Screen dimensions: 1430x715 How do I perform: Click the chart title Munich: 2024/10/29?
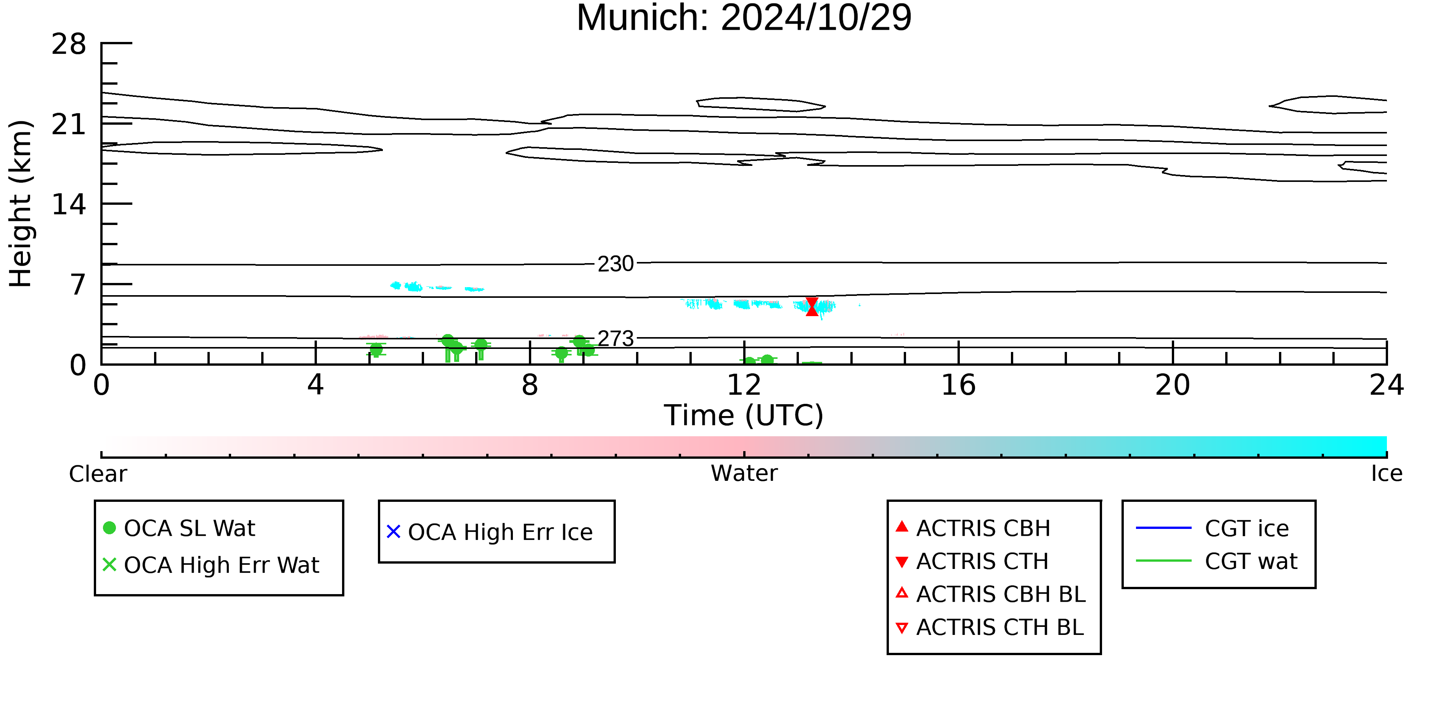point(744,18)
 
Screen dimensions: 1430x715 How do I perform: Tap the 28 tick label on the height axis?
point(69,44)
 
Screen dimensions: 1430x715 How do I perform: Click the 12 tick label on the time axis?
point(744,385)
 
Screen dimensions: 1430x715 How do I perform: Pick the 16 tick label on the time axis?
point(958,385)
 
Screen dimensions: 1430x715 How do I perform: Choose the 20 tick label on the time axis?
point(1173,385)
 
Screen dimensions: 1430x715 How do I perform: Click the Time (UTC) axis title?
point(744,416)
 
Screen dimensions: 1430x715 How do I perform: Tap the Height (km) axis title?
point(21,204)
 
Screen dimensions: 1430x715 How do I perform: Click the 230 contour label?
point(615,264)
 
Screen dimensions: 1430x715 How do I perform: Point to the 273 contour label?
point(615,339)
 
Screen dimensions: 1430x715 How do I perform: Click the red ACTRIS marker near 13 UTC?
point(811,307)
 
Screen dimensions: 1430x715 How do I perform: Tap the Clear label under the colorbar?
point(98,474)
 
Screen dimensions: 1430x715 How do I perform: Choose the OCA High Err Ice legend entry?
point(490,532)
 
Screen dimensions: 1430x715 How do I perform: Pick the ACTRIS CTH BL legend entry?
point(990,627)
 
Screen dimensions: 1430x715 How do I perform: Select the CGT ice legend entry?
point(1212,528)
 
